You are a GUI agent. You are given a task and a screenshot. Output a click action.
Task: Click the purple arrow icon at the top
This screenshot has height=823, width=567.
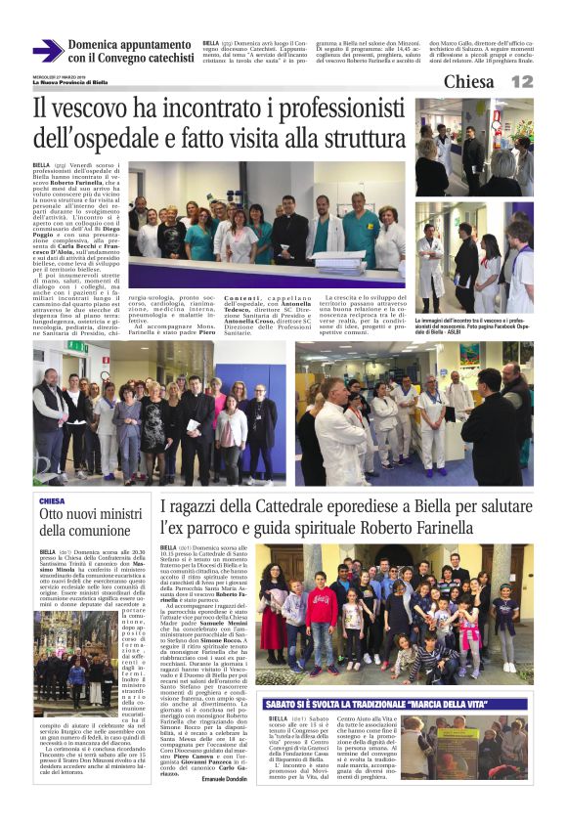48,51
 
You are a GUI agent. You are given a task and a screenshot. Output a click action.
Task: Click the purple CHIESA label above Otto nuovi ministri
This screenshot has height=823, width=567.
53,500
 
